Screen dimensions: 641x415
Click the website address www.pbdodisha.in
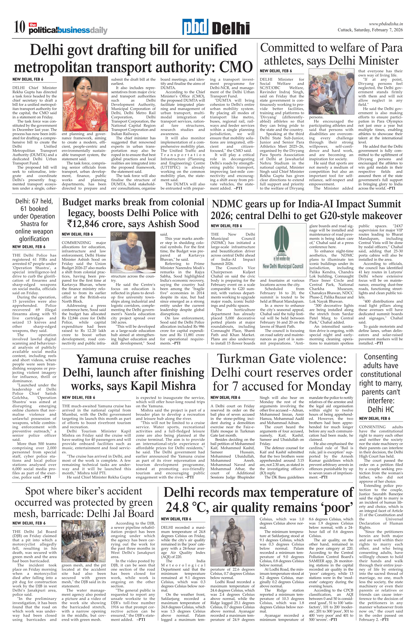click(386, 24)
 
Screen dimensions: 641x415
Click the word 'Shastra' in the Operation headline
click(30, 224)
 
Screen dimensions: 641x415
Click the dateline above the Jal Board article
click(29, 523)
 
